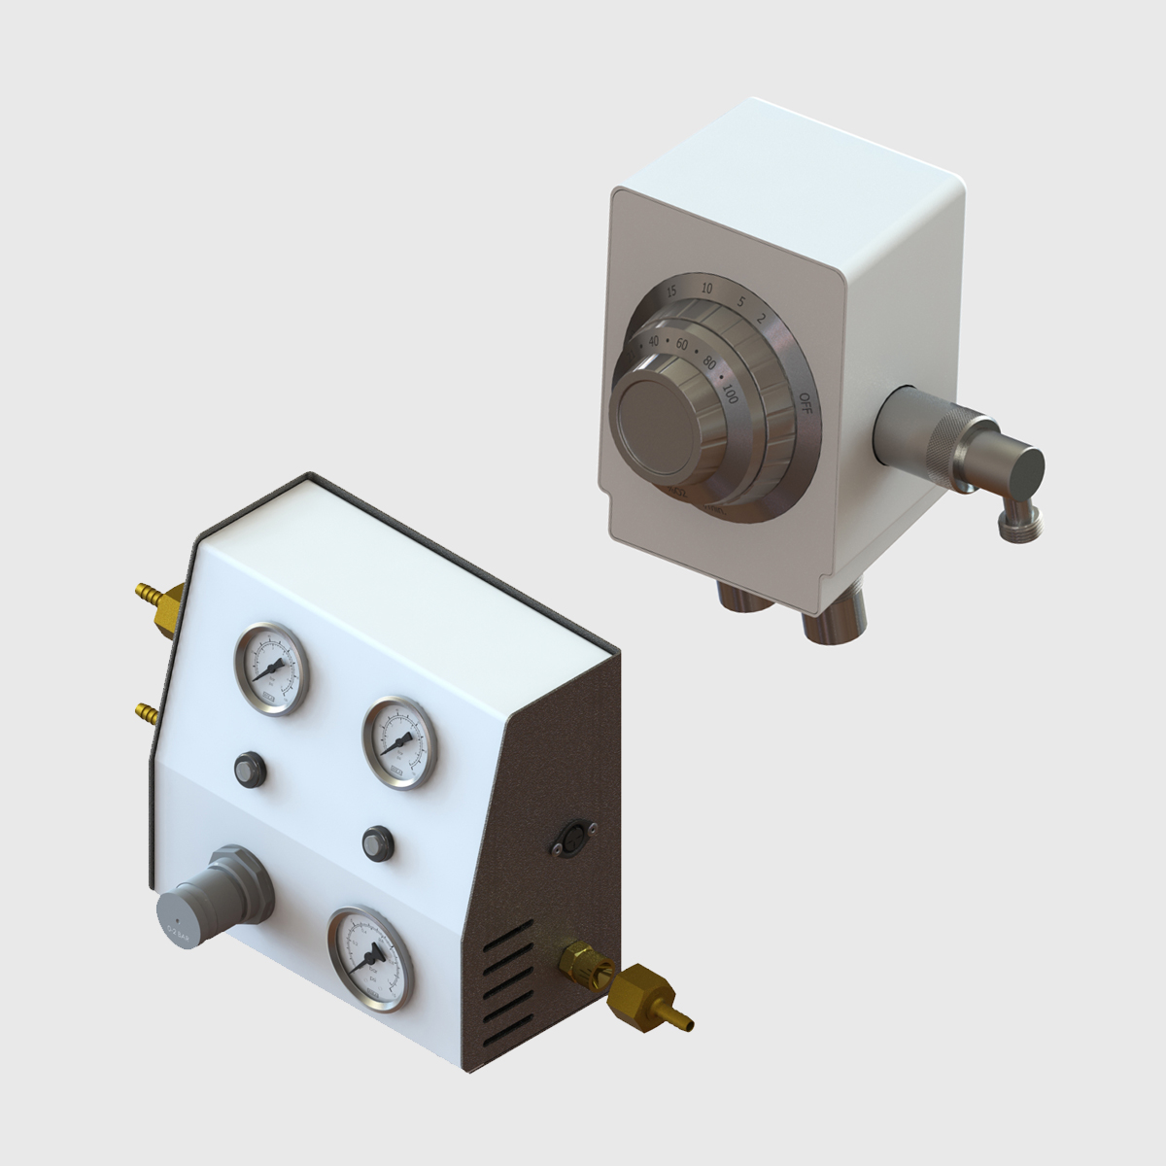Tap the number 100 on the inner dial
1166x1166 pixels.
(730, 394)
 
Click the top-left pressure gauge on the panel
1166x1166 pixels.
(269, 669)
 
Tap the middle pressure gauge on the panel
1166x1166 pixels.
(398, 743)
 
